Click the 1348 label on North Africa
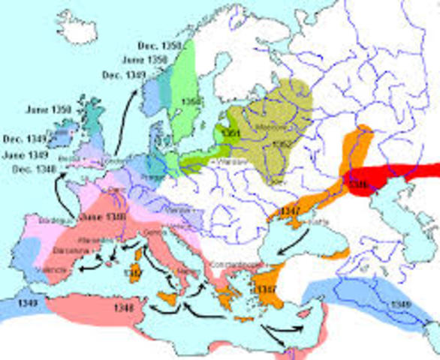[124, 307]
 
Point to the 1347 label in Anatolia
[267, 289]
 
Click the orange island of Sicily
[167, 298]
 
